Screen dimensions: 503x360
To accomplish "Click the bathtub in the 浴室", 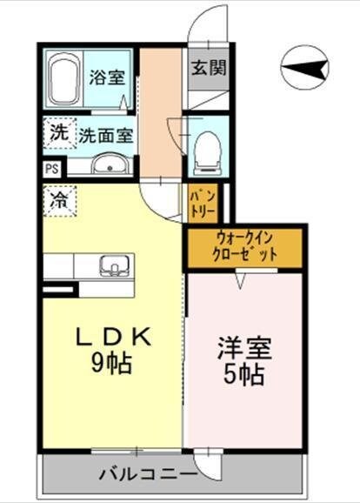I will pos(63,79).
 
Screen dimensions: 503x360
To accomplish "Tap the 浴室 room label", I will pos(107,76).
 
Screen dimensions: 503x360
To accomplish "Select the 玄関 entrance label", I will pos(208,67).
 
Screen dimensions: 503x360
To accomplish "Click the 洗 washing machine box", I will pos(57,134).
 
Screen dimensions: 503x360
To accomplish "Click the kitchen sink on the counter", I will pos(114,265).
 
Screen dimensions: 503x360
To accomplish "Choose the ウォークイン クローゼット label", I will pos(245,247).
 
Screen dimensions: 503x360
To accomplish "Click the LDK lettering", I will pos(109,336).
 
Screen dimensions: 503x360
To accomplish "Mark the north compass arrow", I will pos(305,68).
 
